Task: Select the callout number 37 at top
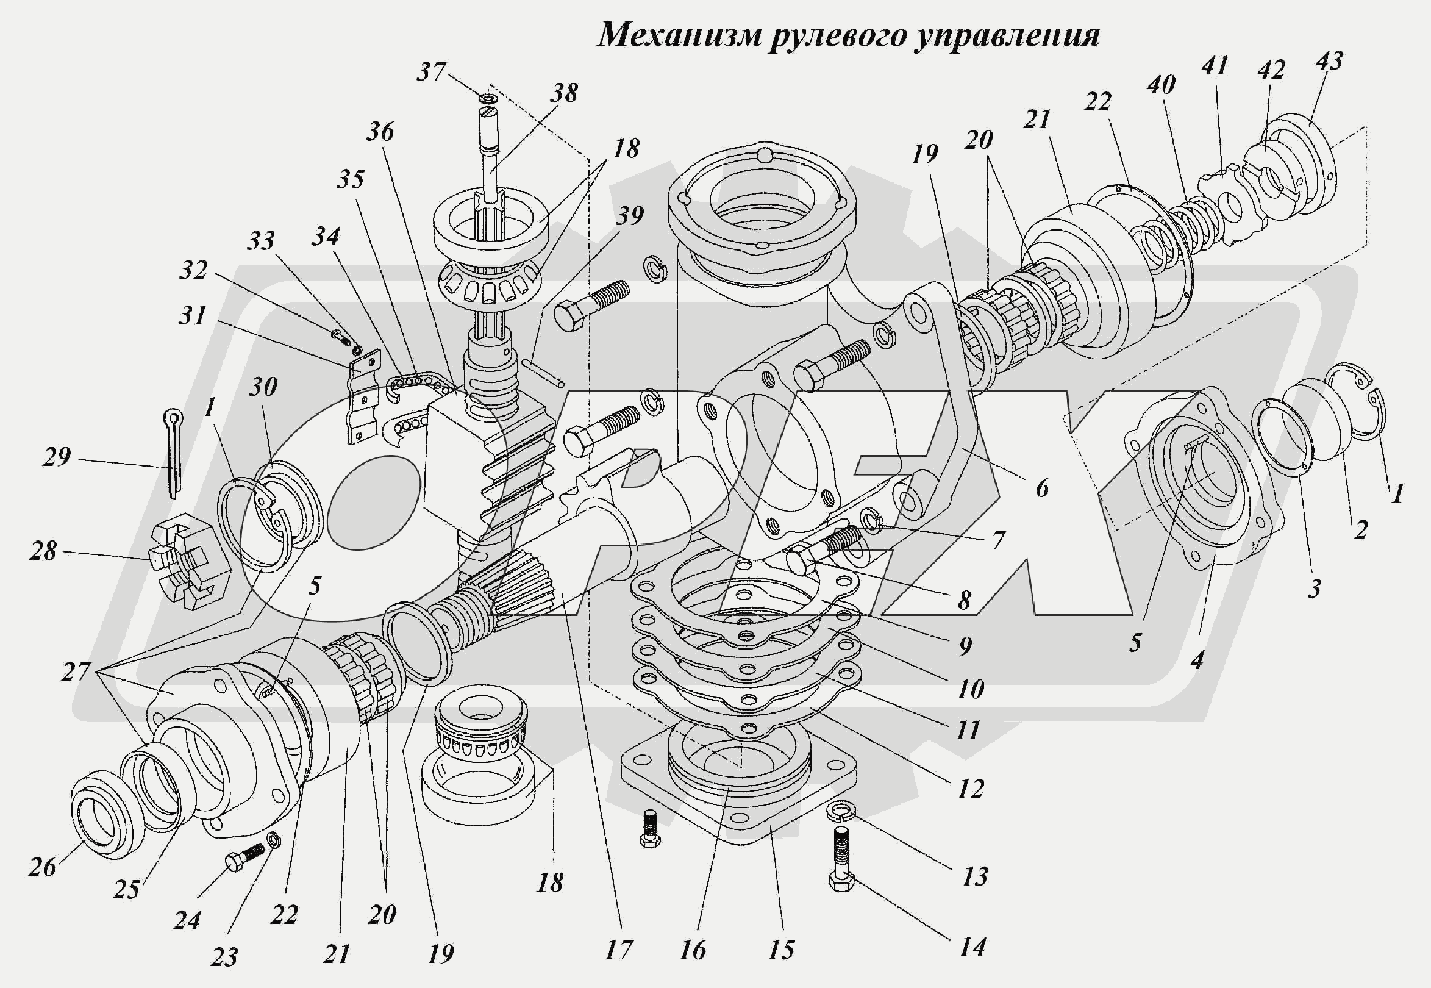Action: pyautogui.click(x=432, y=73)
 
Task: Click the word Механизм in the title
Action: pyautogui.click(x=679, y=35)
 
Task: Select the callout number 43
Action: pyautogui.click(x=1329, y=60)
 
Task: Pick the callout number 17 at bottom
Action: pyautogui.click(x=619, y=950)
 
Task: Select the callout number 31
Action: pyautogui.click(x=193, y=316)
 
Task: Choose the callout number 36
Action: pyautogui.click(x=379, y=131)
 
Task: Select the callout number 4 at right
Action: pyautogui.click(x=1197, y=660)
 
